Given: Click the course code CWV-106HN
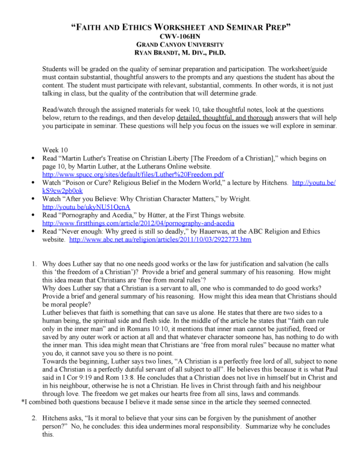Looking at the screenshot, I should [x=180, y=36].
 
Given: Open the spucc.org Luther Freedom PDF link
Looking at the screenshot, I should [x=133, y=174].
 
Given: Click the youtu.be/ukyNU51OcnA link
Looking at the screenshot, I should [x=86, y=207].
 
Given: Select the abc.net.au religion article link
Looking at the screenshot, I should [x=160, y=239].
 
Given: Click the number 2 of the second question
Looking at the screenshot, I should [x=34, y=418].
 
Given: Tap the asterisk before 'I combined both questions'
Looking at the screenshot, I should [x=24, y=402].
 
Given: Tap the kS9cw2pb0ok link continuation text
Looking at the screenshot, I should [x=61, y=190].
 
